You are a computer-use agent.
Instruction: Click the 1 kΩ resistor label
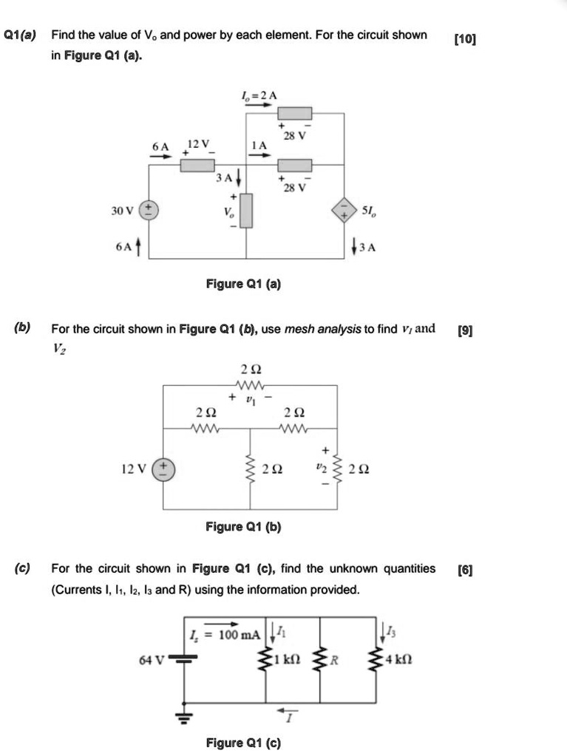click(x=285, y=658)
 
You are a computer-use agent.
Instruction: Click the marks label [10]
click(x=465, y=38)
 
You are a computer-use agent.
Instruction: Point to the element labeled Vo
click(x=247, y=210)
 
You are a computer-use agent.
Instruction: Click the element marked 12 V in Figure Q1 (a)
click(x=197, y=164)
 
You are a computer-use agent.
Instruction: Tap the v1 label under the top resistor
click(x=249, y=400)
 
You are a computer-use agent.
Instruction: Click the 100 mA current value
click(x=240, y=634)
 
